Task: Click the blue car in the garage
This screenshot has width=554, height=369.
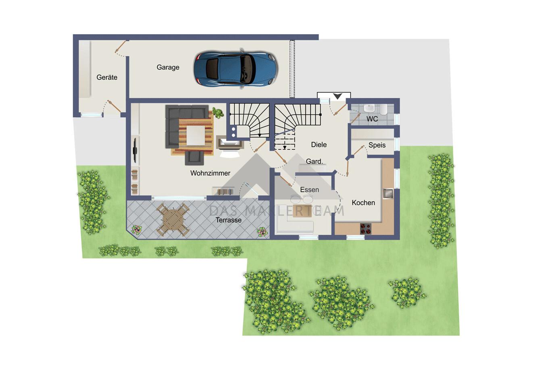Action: point(236,68)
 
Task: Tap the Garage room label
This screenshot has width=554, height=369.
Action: point(168,67)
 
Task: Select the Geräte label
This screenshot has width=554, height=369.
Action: point(107,77)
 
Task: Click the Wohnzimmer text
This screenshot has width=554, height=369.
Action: point(210,173)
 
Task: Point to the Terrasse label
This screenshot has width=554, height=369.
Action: point(229,220)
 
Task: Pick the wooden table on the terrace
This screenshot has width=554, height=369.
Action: point(173,219)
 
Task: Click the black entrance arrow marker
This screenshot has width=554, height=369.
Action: point(337,96)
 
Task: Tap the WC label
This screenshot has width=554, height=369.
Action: point(372,119)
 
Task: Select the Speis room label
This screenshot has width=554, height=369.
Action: point(377,145)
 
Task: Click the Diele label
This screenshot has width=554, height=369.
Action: point(319,145)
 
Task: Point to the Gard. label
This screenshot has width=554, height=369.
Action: point(314,162)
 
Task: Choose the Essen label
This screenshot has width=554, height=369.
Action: point(309,190)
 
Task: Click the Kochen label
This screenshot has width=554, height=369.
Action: point(363,203)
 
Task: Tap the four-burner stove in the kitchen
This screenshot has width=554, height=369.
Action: point(366,228)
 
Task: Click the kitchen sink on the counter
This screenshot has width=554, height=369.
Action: point(388,193)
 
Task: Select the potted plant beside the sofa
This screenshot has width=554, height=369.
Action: point(217,113)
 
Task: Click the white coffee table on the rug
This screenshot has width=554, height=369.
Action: point(196,135)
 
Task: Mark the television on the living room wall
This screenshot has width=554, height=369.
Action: point(135,150)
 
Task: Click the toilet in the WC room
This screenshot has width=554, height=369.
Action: point(383,110)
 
